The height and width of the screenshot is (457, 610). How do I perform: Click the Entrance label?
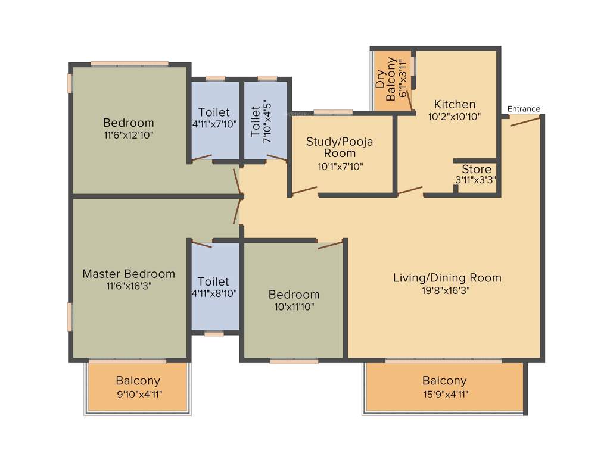click(x=524, y=109)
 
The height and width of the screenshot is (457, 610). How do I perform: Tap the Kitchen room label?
click(x=455, y=104)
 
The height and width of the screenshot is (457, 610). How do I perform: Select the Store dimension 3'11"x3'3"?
click(x=477, y=179)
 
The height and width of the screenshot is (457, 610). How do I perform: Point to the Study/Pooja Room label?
click(x=340, y=147)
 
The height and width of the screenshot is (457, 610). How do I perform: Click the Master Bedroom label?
click(x=129, y=274)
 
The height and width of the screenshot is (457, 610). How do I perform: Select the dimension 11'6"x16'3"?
click(x=129, y=286)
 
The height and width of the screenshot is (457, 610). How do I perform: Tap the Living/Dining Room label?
click(x=447, y=277)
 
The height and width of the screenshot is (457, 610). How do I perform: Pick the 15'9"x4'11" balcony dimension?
click(x=444, y=393)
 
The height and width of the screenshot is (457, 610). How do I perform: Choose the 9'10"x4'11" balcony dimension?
click(x=138, y=393)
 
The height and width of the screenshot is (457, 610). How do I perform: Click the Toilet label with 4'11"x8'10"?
click(x=213, y=281)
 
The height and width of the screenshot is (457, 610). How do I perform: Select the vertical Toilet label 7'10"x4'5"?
click(x=256, y=121)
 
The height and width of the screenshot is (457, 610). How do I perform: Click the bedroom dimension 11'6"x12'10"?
click(x=129, y=135)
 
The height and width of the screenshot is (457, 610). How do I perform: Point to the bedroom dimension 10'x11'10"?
click(x=294, y=307)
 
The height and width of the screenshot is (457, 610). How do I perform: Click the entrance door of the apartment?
click(x=525, y=121)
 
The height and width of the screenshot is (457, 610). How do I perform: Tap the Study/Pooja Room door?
click(x=303, y=191)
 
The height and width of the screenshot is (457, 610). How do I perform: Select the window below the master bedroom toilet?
click(x=214, y=334)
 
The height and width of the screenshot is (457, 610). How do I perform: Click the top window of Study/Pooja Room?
click(x=333, y=112)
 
